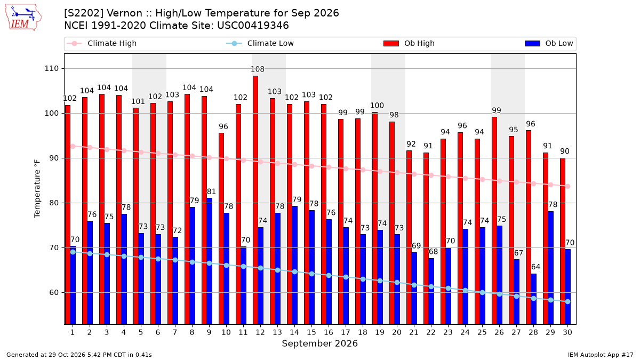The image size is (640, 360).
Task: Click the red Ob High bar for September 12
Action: pyautogui.click(x=255, y=200)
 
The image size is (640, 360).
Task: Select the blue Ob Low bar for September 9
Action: pyautogui.click(x=210, y=261)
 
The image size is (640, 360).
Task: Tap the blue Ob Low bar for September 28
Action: pyautogui.click(x=534, y=299)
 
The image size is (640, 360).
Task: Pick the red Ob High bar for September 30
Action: pyautogui.click(x=563, y=241)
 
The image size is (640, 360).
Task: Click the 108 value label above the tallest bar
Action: pyautogui.click(x=258, y=69)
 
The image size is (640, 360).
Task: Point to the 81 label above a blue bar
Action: pyautogui.click(x=211, y=191)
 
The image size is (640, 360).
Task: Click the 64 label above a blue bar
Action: pyautogui.click(x=535, y=267)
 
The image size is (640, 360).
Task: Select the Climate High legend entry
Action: pyautogui.click(x=101, y=43)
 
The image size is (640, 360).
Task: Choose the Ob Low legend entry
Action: pyautogui.click(x=549, y=43)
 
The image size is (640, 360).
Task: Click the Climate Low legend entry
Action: pyautogui.click(x=260, y=43)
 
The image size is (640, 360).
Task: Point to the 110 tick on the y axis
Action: pyautogui.click(x=51, y=69)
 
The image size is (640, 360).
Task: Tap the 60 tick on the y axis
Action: pyautogui.click(x=54, y=293)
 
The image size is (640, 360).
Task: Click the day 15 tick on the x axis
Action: pyautogui.click(x=311, y=332)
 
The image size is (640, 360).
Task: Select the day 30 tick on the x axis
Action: pyautogui.click(x=567, y=332)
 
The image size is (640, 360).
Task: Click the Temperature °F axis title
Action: pyautogui.click(x=37, y=189)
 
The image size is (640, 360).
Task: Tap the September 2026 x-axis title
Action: pyautogui.click(x=319, y=343)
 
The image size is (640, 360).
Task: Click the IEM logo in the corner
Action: pyautogui.click(x=23, y=18)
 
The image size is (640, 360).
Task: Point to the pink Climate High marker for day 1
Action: pyautogui.click(x=73, y=146)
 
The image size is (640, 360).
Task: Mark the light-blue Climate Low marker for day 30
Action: pyautogui.click(x=567, y=302)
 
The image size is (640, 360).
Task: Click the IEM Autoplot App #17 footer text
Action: pyautogui.click(x=601, y=355)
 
